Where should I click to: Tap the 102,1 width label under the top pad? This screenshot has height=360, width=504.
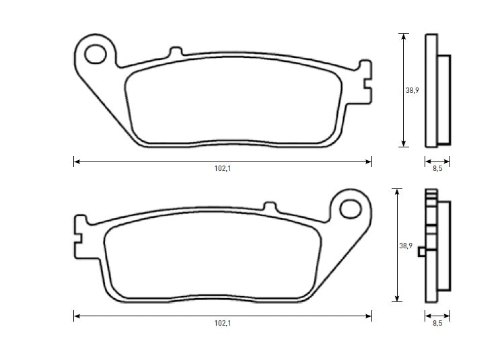tap(223, 169)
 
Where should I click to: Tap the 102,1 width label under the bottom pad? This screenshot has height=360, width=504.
tap(223, 323)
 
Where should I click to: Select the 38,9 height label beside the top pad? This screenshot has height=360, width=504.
tap(412, 91)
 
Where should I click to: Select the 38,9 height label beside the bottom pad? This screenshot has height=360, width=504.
tap(406, 246)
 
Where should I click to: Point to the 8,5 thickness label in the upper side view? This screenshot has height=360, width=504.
tap(437, 169)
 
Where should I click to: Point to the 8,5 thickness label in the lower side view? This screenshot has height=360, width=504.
tap(437, 324)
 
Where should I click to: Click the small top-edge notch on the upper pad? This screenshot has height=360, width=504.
tap(175, 52)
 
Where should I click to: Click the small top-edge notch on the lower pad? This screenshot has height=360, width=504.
tap(270, 207)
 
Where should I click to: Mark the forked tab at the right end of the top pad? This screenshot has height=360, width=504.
tap(365, 82)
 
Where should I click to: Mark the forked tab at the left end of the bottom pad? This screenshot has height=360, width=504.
tap(80, 237)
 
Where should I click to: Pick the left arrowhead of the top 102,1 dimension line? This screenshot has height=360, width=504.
tap(76, 161)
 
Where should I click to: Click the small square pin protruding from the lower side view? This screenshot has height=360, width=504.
tap(422, 252)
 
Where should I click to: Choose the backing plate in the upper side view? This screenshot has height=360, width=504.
tap(431, 91)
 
